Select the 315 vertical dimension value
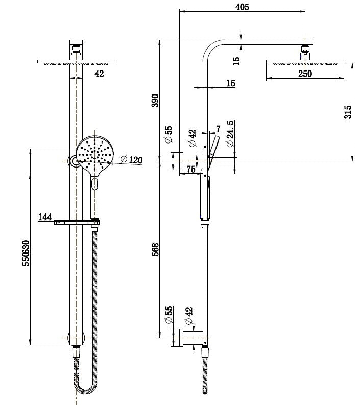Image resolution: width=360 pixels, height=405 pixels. point(348,112)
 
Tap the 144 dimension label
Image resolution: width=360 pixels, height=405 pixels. point(45,218)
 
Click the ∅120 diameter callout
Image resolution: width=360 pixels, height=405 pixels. point(132,160)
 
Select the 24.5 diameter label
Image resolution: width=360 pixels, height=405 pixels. point(230,134)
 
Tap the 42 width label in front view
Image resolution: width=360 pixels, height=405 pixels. point(99,74)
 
